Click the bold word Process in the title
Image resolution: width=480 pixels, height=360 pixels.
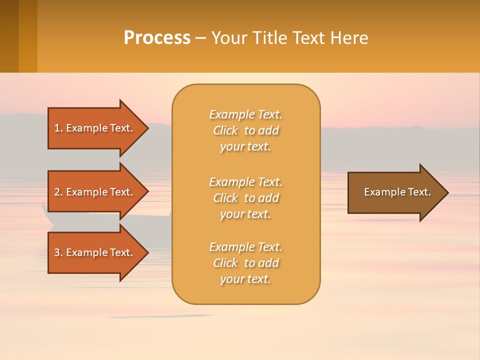(x=157, y=38)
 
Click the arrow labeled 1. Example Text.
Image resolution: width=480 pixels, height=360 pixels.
(x=95, y=128)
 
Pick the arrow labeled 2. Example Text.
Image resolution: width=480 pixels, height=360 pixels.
(x=95, y=192)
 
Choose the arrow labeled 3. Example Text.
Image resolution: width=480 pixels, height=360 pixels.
(x=95, y=252)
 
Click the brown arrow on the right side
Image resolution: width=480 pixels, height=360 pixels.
(x=395, y=192)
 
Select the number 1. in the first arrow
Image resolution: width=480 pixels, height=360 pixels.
(x=58, y=128)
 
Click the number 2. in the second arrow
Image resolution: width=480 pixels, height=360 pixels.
(x=58, y=192)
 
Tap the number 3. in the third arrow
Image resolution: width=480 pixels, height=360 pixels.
(x=58, y=252)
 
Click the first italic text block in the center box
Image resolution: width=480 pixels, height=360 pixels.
(x=245, y=130)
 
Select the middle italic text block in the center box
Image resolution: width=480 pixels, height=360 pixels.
(x=245, y=198)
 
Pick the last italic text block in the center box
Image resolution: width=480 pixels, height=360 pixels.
(x=245, y=263)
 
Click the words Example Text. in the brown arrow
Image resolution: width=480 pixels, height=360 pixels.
(x=397, y=192)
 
